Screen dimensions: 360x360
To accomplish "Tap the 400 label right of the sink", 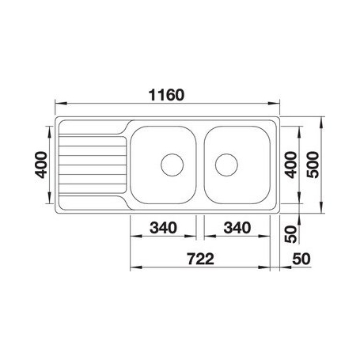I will [290, 165].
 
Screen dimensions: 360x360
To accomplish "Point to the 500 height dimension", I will [314, 165].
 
